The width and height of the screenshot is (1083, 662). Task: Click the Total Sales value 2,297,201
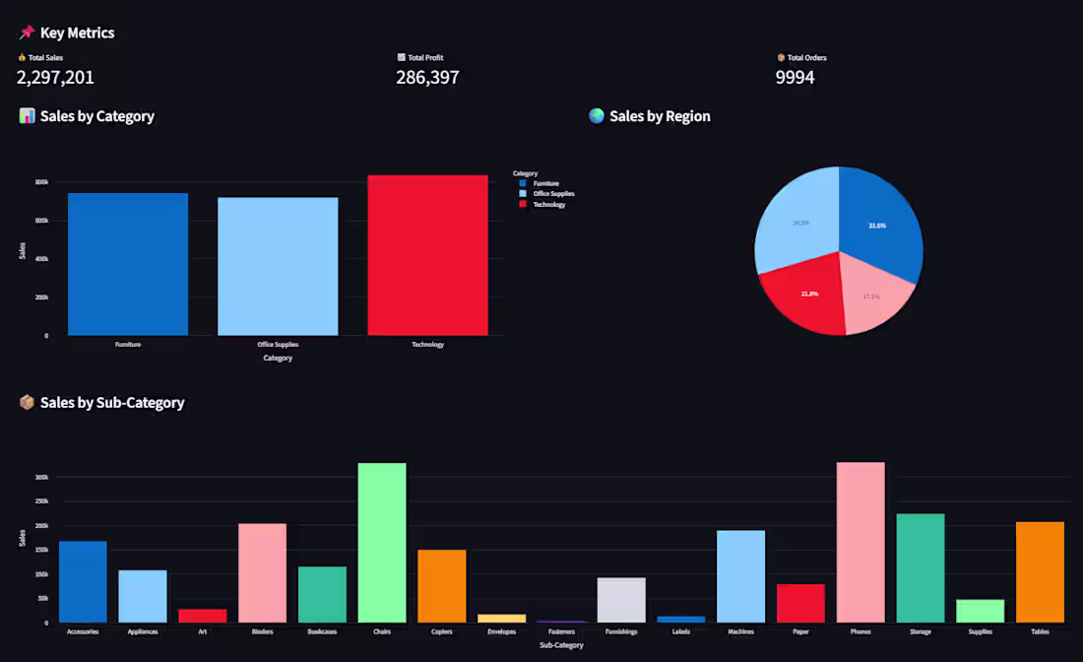55,77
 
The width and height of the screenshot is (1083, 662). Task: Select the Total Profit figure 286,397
427,77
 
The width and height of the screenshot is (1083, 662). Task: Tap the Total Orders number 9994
795,77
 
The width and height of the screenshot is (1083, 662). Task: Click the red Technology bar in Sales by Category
427,256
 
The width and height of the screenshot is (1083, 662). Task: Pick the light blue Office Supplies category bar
278,266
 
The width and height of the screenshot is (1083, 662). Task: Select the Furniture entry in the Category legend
545,183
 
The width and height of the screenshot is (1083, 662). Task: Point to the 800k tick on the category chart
41,182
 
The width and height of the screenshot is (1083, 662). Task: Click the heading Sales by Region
660,116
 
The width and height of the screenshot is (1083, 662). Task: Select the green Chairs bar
382,542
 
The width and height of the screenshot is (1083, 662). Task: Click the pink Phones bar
860,542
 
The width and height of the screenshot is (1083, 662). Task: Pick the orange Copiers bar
442,586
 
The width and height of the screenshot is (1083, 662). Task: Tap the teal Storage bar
921,568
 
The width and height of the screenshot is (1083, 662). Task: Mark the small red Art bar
203,616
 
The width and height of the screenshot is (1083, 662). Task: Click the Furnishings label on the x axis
621,631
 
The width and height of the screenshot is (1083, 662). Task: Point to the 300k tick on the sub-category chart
41,477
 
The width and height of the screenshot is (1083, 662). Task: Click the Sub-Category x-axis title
561,645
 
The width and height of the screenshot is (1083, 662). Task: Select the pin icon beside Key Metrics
27,33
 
